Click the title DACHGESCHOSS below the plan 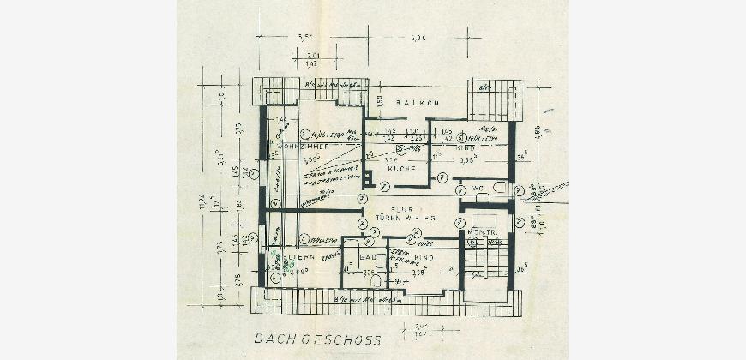tap(317, 340)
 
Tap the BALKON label tap(418, 103)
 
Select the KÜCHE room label tap(401, 169)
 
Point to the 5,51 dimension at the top tap(304, 38)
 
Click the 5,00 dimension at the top tap(418, 38)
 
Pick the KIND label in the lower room tap(423, 257)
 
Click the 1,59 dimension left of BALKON tap(379, 102)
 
